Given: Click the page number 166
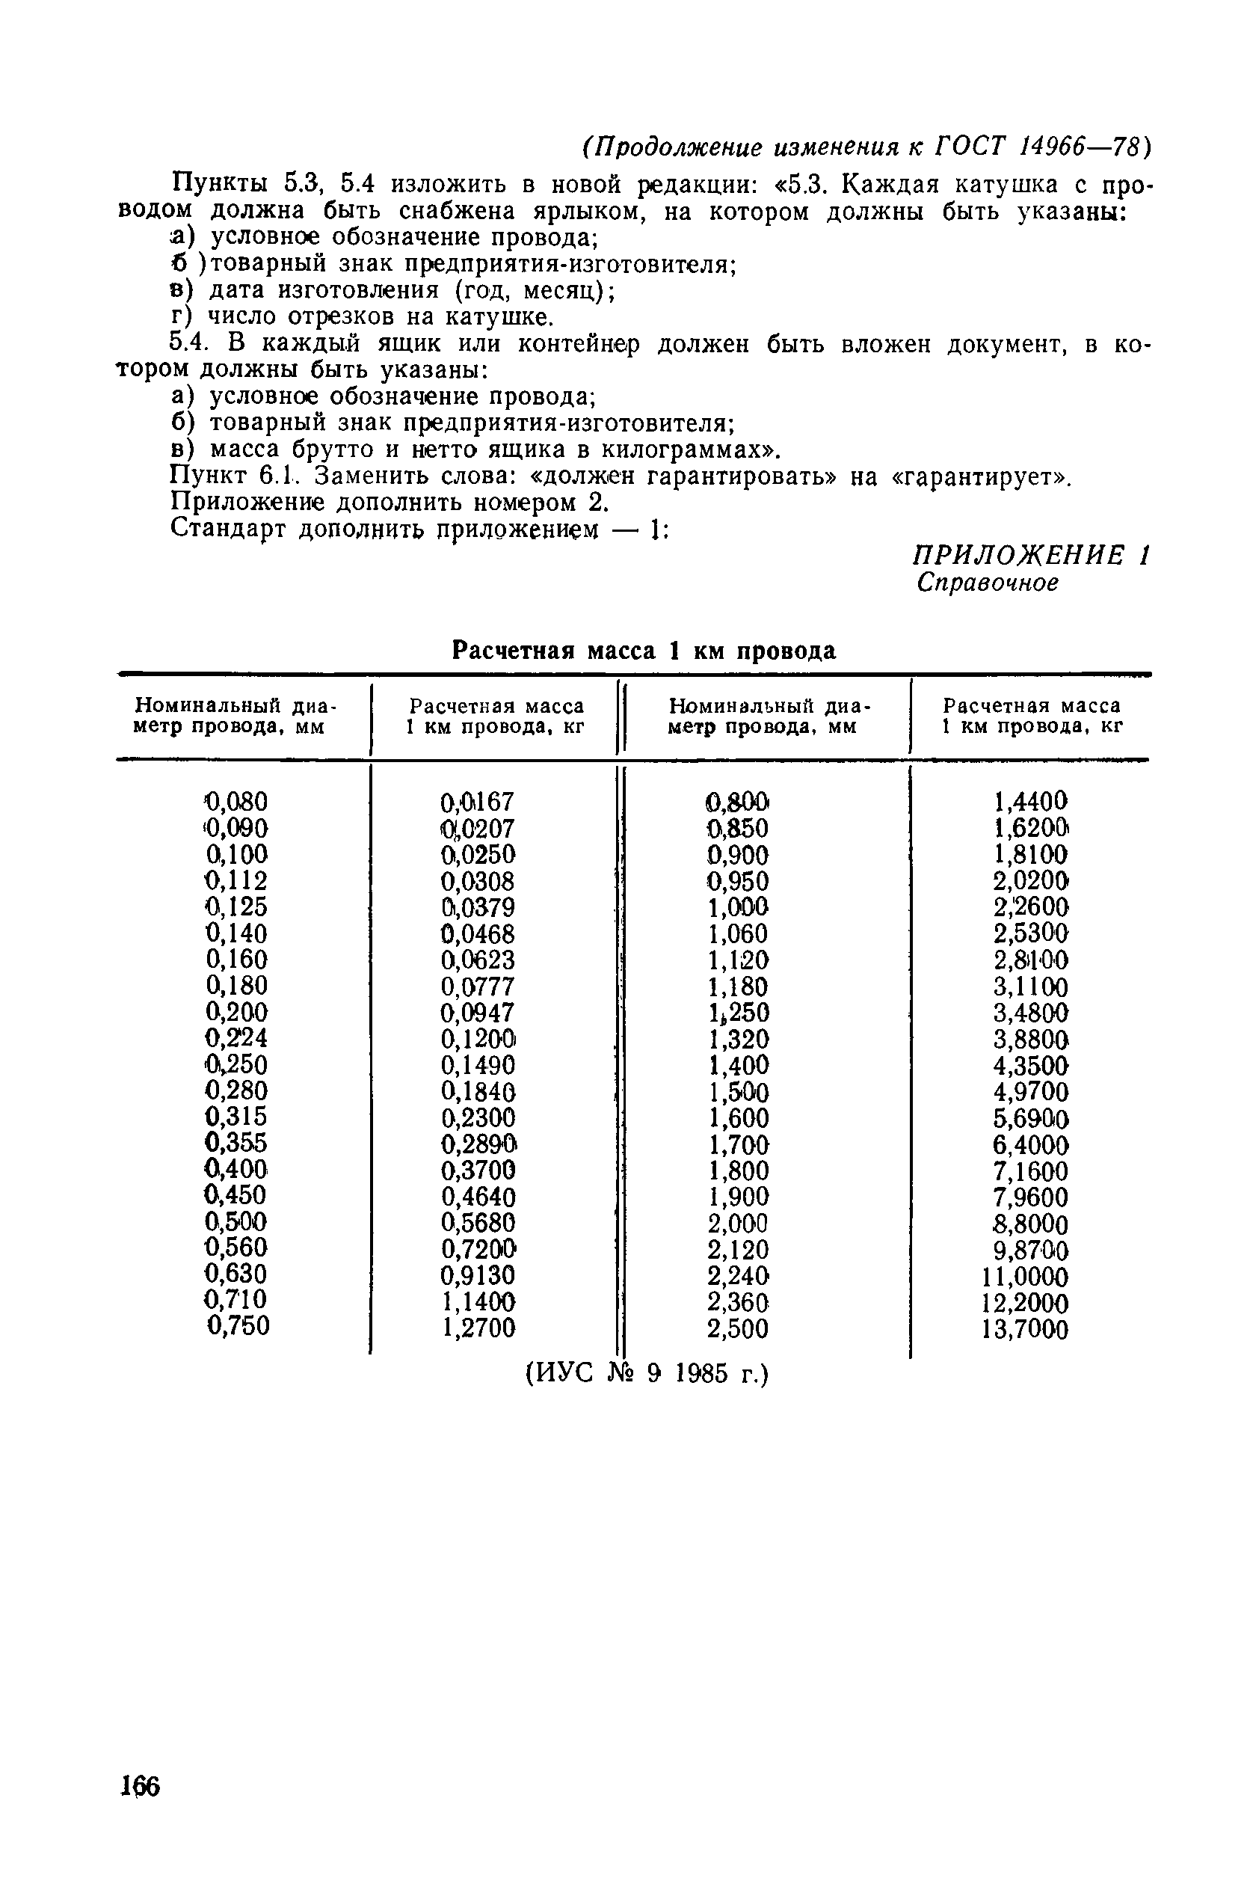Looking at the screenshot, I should (x=141, y=1787).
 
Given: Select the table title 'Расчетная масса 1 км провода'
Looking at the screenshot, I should (x=644, y=651).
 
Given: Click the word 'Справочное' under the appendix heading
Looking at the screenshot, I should (x=988, y=583).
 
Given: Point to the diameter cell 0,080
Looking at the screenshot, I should (x=236, y=801).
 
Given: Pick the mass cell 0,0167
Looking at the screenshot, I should (x=478, y=802).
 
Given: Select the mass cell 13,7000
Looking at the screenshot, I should (x=1025, y=1330).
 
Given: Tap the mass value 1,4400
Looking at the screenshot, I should (x=1031, y=801).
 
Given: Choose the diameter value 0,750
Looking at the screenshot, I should (x=238, y=1325).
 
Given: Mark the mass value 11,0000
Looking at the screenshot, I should (x=1025, y=1277).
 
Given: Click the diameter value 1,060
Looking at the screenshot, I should (x=739, y=933).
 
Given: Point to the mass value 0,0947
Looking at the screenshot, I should (x=478, y=1013).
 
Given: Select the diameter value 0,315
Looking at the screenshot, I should (x=236, y=1116).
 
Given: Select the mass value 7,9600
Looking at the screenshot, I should (x=1031, y=1197).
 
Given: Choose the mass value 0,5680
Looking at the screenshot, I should (x=478, y=1223).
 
